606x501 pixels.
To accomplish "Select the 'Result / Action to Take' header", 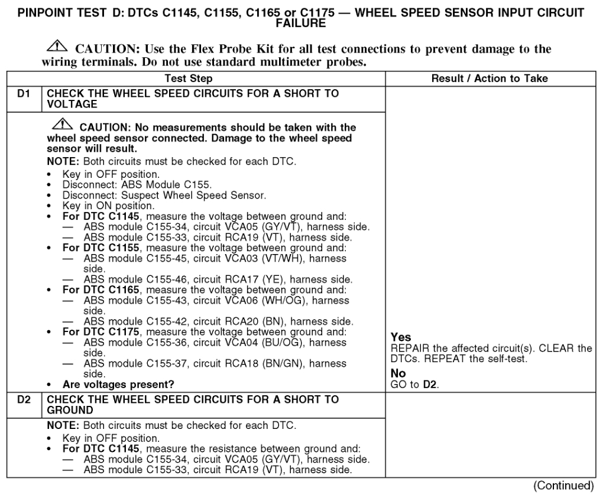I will (490, 78).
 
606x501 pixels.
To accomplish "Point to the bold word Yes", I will (400, 337).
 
